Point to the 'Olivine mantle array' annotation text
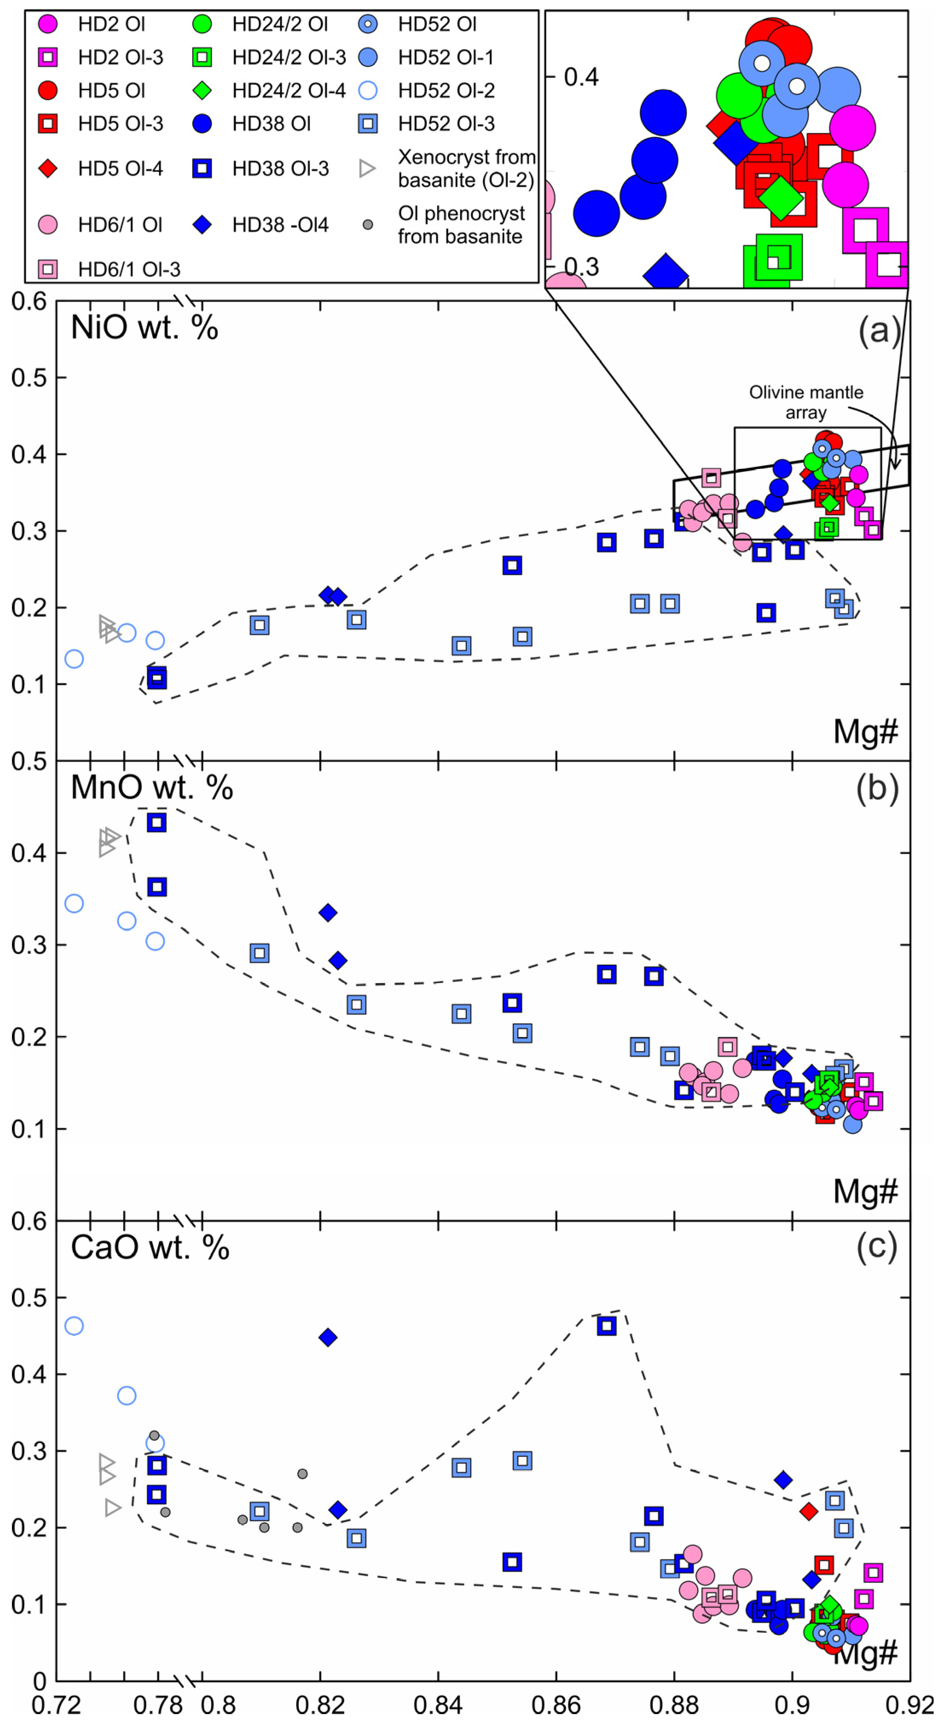pyautogui.click(x=806, y=401)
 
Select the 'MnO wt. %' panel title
pyautogui.click(x=152, y=787)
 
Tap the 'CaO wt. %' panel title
pyautogui.click(x=150, y=1247)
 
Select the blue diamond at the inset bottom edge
pyautogui.click(x=665, y=274)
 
